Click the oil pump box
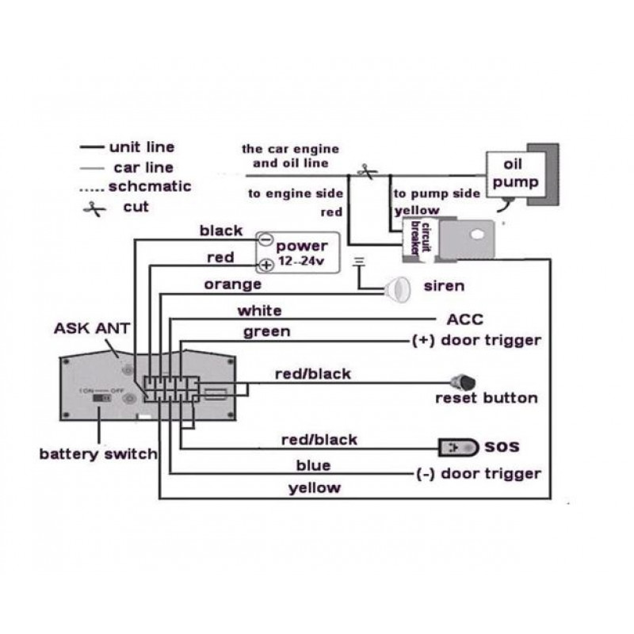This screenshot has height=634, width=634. [x=511, y=175]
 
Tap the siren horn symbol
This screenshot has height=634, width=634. [x=397, y=288]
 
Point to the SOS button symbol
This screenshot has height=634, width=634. [x=458, y=448]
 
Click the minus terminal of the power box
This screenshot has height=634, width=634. [x=266, y=239]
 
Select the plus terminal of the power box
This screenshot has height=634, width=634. [x=266, y=265]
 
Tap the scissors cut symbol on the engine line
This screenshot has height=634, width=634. [x=365, y=171]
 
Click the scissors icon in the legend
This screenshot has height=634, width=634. [x=96, y=209]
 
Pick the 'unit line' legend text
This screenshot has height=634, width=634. [x=141, y=147]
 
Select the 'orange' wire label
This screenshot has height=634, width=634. [x=232, y=284]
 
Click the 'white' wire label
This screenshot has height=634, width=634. [x=259, y=310]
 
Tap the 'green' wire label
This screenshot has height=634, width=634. [x=266, y=331]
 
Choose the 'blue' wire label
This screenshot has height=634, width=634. [x=313, y=465]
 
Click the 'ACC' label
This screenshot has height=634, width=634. [x=465, y=319]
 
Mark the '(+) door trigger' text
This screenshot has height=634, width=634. [x=477, y=341]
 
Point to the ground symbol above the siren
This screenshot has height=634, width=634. [x=358, y=261]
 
